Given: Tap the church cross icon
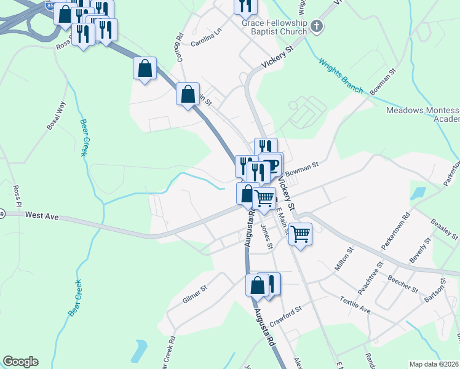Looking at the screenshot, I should [x=316, y=26].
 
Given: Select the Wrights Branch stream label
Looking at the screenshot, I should [x=340, y=75].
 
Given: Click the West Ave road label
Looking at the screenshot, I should [x=42, y=215].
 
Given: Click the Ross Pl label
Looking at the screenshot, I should [x=17, y=197].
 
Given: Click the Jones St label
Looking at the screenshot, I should [x=266, y=237].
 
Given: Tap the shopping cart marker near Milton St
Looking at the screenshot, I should [x=300, y=234].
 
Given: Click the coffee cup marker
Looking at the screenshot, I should [x=272, y=164].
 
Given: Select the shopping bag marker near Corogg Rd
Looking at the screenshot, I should [x=188, y=95].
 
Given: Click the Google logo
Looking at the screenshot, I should [x=20, y=362].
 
